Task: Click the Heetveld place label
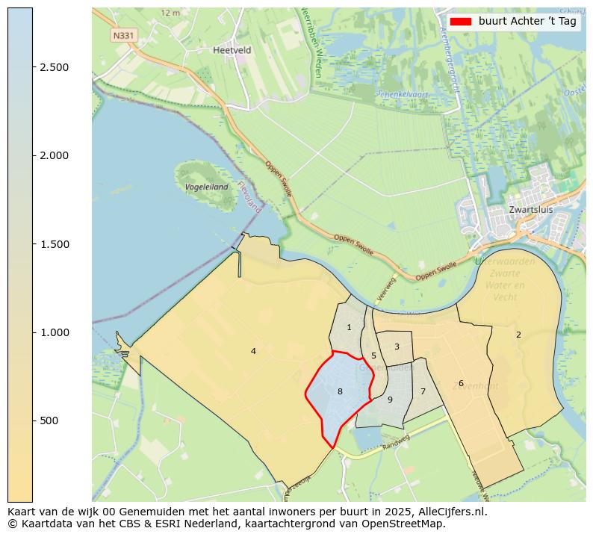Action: (232, 50)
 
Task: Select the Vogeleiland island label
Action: (207, 187)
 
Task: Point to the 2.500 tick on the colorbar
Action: (55, 67)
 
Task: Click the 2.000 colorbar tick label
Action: (55, 155)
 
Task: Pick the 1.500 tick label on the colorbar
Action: (55, 244)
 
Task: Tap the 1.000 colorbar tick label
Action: (55, 332)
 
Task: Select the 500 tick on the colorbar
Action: (49, 420)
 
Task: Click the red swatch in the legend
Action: (461, 22)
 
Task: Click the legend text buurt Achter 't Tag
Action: (527, 22)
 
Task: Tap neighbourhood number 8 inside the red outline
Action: (340, 391)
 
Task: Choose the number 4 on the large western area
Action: (253, 351)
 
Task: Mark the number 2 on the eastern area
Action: (518, 335)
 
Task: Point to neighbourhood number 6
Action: (461, 383)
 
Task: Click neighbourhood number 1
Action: (349, 327)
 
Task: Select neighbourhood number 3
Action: (397, 347)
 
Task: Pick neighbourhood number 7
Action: (423, 391)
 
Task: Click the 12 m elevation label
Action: (170, 13)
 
